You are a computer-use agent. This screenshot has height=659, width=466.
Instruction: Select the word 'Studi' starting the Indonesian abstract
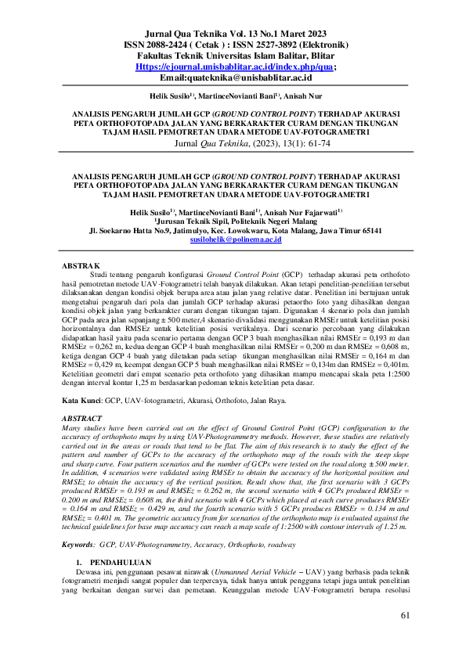click(x=100, y=276)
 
